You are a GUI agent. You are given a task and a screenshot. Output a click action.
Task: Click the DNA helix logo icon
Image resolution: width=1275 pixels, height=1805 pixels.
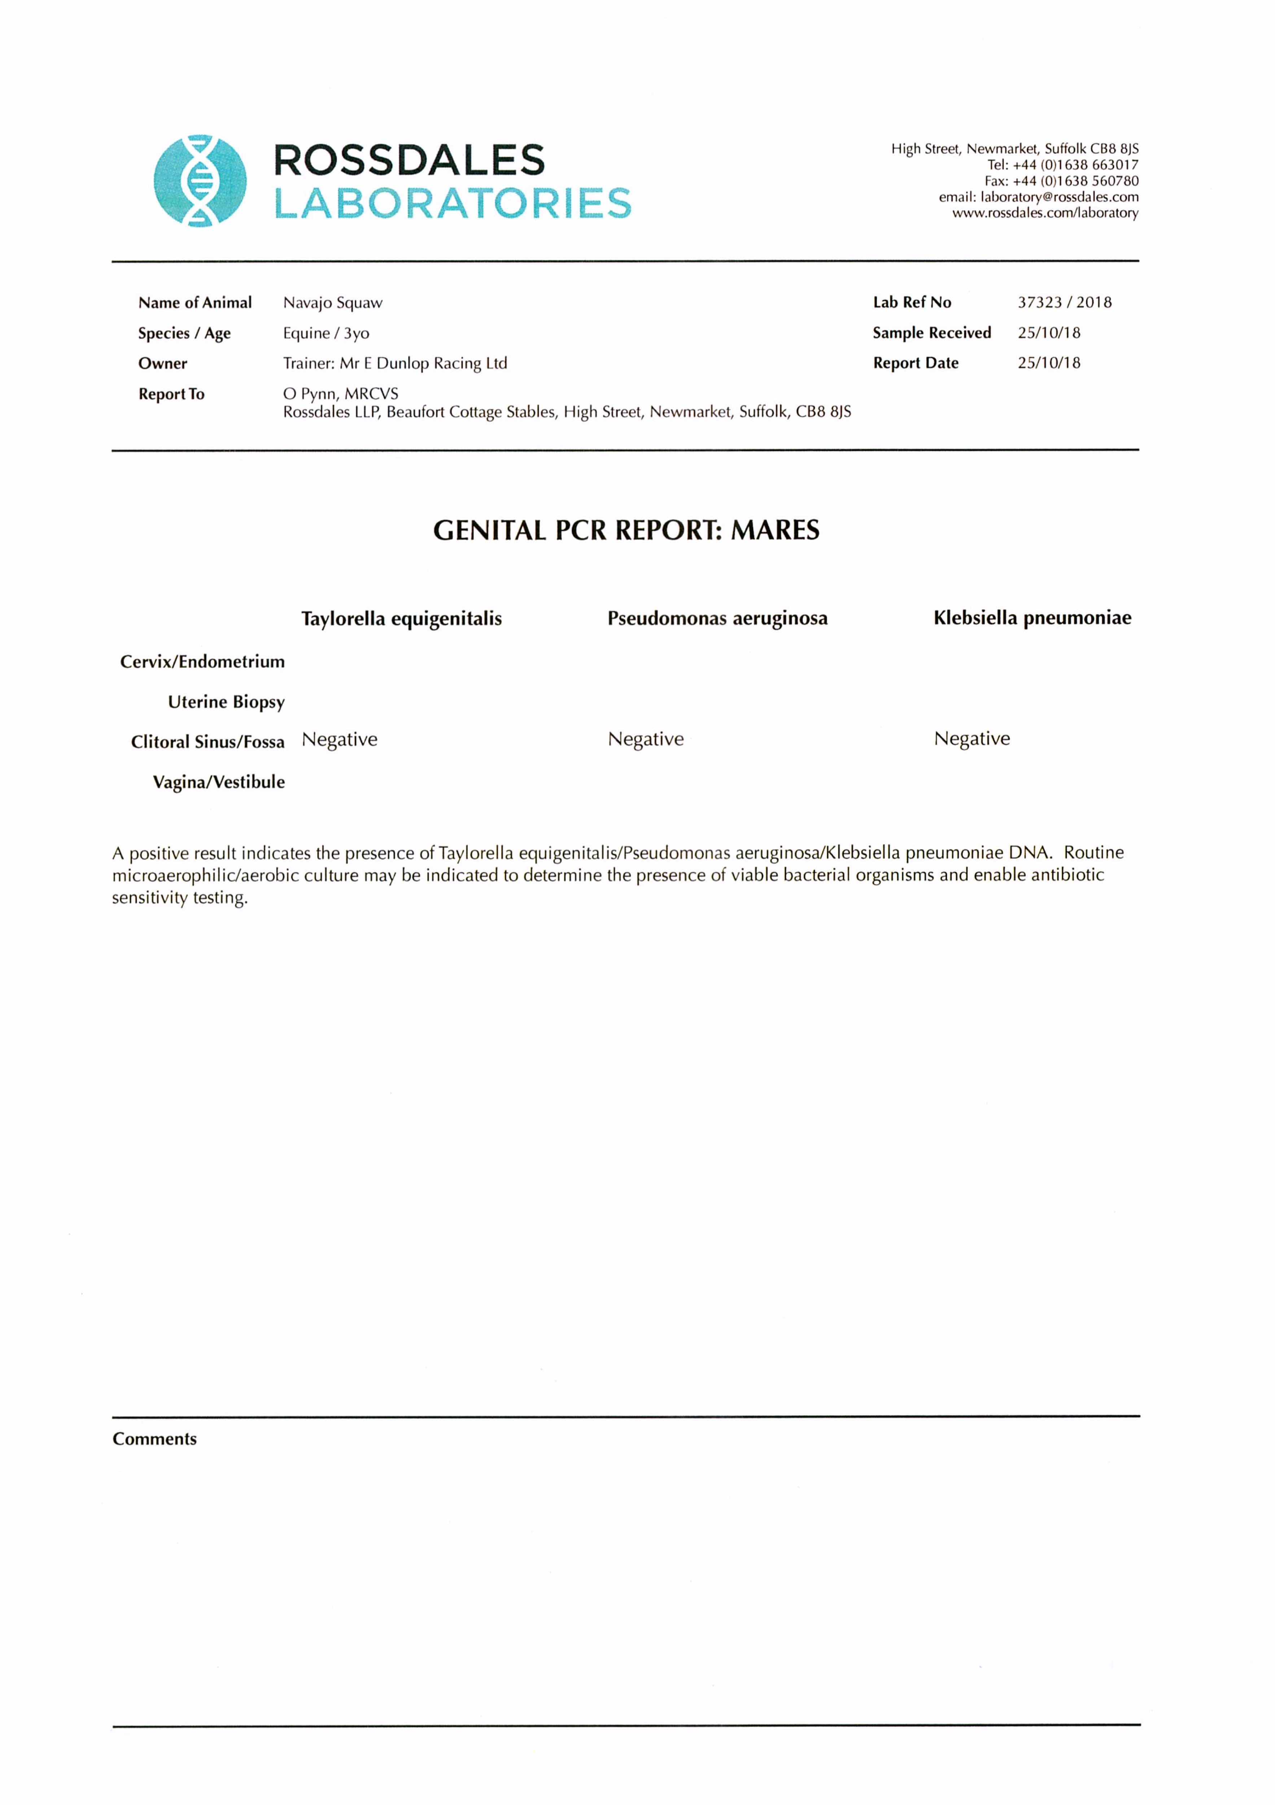(x=200, y=181)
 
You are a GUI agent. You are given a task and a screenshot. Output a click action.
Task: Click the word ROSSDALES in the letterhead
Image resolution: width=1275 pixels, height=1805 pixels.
(x=409, y=160)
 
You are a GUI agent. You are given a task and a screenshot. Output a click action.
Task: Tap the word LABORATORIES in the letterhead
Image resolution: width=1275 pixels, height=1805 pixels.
(x=452, y=203)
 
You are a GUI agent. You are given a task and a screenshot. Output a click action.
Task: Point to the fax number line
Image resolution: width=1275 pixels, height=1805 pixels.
(x=1061, y=181)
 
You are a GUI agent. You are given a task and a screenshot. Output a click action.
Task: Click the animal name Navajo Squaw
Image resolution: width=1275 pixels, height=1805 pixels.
(x=332, y=303)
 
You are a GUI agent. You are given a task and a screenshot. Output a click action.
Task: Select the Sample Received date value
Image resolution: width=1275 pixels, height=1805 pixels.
(x=1049, y=332)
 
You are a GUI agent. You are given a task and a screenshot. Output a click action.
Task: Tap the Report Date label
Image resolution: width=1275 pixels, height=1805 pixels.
(x=915, y=363)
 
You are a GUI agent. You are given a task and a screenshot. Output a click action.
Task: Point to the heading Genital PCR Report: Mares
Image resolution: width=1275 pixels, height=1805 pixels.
(x=626, y=531)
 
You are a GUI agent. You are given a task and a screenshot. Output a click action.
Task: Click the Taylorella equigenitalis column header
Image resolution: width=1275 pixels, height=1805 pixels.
(x=401, y=619)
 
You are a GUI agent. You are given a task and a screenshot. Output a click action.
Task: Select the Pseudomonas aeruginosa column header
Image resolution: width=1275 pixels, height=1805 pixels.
(x=717, y=619)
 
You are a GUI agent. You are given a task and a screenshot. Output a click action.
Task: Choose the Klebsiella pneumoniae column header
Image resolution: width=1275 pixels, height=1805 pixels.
(x=1032, y=618)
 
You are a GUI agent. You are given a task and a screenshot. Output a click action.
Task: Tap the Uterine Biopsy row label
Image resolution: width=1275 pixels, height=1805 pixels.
(x=226, y=702)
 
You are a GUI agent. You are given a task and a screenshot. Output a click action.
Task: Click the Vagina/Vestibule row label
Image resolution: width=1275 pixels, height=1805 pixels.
(x=219, y=782)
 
